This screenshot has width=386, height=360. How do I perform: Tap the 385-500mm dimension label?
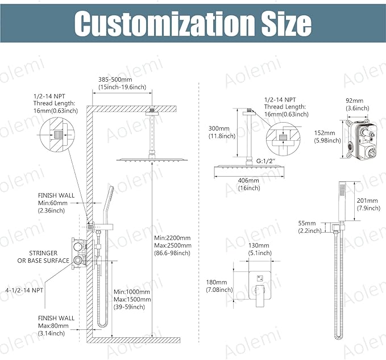tap(115, 79)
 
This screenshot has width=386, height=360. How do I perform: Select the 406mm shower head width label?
tap(248, 181)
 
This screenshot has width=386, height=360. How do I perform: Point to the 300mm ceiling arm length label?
tap(219, 128)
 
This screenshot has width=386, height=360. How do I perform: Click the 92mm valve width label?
tap(354, 101)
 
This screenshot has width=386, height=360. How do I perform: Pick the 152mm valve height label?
tap(325, 133)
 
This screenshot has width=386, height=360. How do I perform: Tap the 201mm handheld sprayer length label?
tap(367, 200)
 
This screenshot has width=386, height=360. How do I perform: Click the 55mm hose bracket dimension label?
tap(307, 223)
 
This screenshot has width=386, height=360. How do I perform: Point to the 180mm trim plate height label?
tap(217, 282)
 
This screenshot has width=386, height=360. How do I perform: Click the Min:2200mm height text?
tap(172, 238)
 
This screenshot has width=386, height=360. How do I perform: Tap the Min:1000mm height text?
tap(132, 292)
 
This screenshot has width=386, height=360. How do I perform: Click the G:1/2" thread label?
tap(266, 161)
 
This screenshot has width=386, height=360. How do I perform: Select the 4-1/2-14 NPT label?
tap(24, 290)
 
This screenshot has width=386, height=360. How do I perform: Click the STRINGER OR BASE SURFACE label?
tap(43, 257)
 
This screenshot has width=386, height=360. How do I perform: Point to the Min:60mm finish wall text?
tap(53, 203)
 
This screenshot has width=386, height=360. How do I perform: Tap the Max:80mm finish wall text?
tap(53, 326)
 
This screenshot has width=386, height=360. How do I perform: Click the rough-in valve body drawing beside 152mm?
tap(360, 139)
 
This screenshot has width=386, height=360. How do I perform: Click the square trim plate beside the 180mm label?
tap(260, 285)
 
